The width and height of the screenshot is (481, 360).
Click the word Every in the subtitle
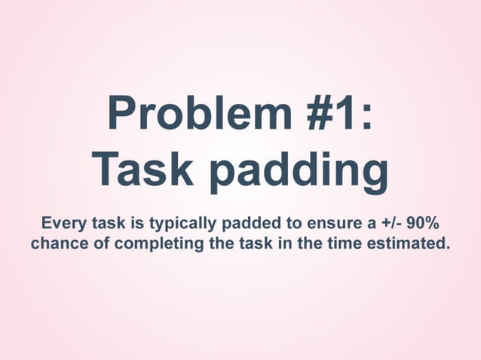(63, 224)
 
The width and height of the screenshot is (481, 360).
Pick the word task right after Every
(110, 224)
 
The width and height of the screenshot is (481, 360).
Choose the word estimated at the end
(408, 243)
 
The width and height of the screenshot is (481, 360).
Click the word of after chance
(97, 243)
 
